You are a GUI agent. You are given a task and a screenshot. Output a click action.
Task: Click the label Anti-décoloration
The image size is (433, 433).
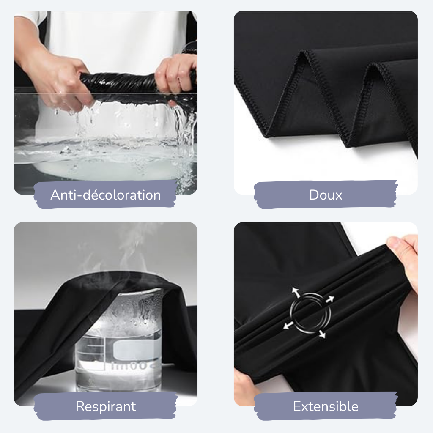click(105, 195)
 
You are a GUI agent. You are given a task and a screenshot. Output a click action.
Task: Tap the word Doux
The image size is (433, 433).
click(326, 195)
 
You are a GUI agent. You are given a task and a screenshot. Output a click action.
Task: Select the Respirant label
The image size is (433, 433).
click(106, 406)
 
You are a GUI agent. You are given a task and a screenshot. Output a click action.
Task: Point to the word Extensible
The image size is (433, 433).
click(326, 406)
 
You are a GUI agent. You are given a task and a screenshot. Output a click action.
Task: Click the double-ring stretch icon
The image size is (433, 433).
click(310, 313)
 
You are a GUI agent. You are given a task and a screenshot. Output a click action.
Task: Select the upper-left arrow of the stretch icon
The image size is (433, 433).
click(296, 292)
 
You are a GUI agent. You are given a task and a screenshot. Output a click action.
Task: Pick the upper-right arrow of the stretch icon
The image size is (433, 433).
click(330, 299)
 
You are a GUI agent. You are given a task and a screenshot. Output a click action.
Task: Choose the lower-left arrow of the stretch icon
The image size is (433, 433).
click(288, 325)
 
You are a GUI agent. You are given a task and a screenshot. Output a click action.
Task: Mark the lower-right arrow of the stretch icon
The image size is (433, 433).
click(322, 334)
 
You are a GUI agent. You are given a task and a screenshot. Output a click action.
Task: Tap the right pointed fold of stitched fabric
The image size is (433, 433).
click(386, 105)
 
